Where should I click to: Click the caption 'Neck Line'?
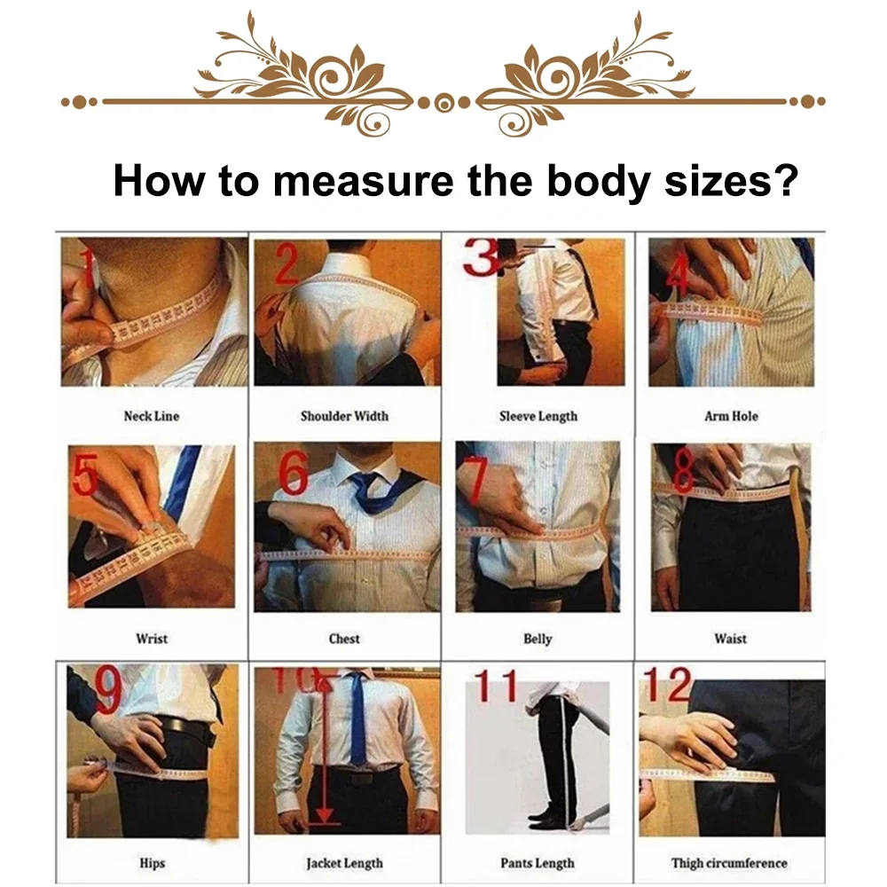click(151, 416)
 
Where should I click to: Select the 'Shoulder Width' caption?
click(344, 416)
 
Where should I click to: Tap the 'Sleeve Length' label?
click(538, 416)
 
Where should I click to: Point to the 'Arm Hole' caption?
click(731, 416)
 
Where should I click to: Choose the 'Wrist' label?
click(152, 639)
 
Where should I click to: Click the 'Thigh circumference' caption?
click(729, 862)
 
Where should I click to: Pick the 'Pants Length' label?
click(538, 862)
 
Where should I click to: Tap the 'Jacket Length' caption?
click(344, 862)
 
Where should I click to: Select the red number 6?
click(294, 475)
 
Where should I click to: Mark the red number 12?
click(666, 685)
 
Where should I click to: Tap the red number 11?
click(496, 686)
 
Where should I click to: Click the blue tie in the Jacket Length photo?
click(357, 718)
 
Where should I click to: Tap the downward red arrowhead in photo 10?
click(325, 814)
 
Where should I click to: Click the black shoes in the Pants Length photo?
click(544, 820)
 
